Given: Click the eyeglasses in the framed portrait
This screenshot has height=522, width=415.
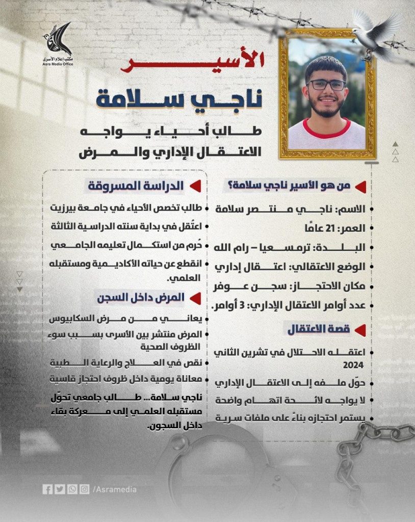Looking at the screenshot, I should (326, 85).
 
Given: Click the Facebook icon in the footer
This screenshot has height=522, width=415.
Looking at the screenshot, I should (47, 489).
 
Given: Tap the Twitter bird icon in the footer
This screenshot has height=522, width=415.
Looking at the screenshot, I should (60, 489).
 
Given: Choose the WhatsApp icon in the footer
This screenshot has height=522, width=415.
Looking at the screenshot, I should (72, 489).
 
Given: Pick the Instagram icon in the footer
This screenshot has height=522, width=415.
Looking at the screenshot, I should (84, 489).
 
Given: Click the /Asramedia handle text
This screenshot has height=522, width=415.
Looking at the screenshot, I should (115, 489).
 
